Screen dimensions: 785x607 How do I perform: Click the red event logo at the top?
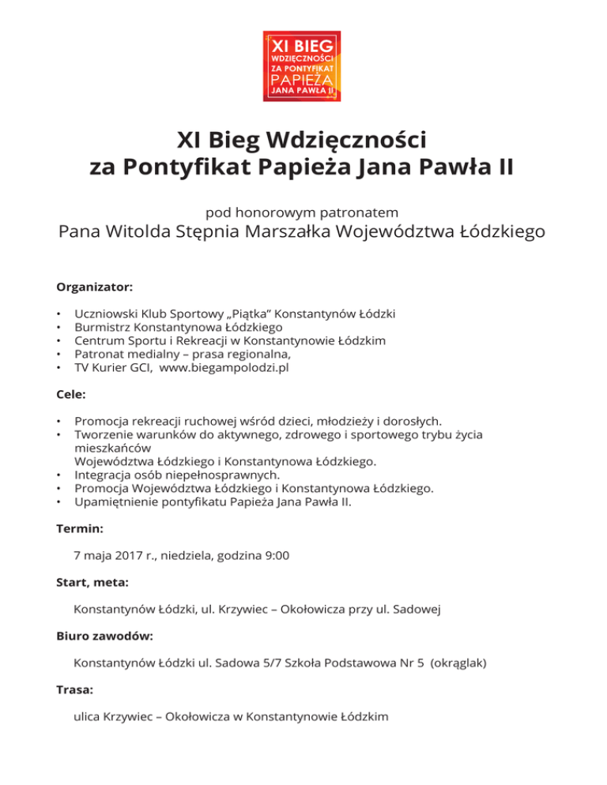click(x=302, y=66)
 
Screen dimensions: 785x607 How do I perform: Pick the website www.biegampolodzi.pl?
click(x=224, y=367)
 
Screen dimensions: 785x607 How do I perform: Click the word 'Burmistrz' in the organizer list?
click(x=103, y=327)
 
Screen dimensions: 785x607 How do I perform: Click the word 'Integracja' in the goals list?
click(x=104, y=475)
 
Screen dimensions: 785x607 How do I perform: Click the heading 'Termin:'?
click(x=80, y=528)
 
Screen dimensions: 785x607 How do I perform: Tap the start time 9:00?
click(x=277, y=555)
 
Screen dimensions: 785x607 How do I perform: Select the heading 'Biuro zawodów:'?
click(x=105, y=636)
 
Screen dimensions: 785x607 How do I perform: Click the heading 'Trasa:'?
click(x=75, y=689)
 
